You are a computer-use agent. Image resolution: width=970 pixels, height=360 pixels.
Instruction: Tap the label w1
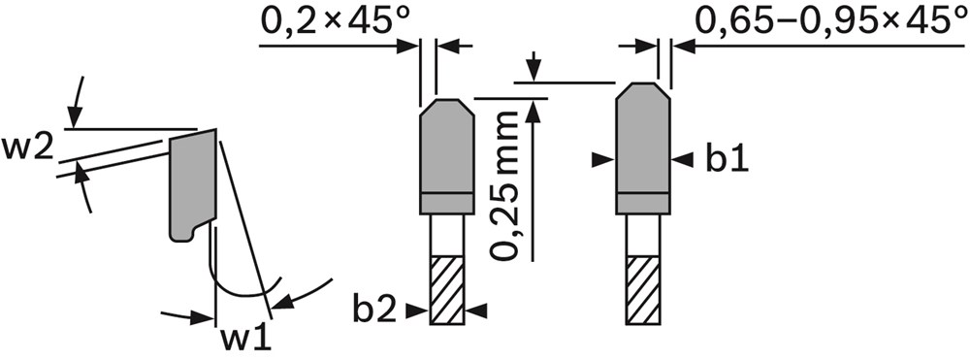tap(246, 339)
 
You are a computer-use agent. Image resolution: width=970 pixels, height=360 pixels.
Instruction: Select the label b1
tap(727, 159)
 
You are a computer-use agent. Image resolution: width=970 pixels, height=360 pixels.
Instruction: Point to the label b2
tap(374, 310)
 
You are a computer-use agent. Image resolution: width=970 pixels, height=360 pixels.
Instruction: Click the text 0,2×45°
tap(336, 22)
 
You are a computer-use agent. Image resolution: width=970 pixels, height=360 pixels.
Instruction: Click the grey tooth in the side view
tap(193, 183)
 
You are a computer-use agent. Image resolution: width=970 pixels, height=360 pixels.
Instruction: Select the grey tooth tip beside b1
tap(643, 147)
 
